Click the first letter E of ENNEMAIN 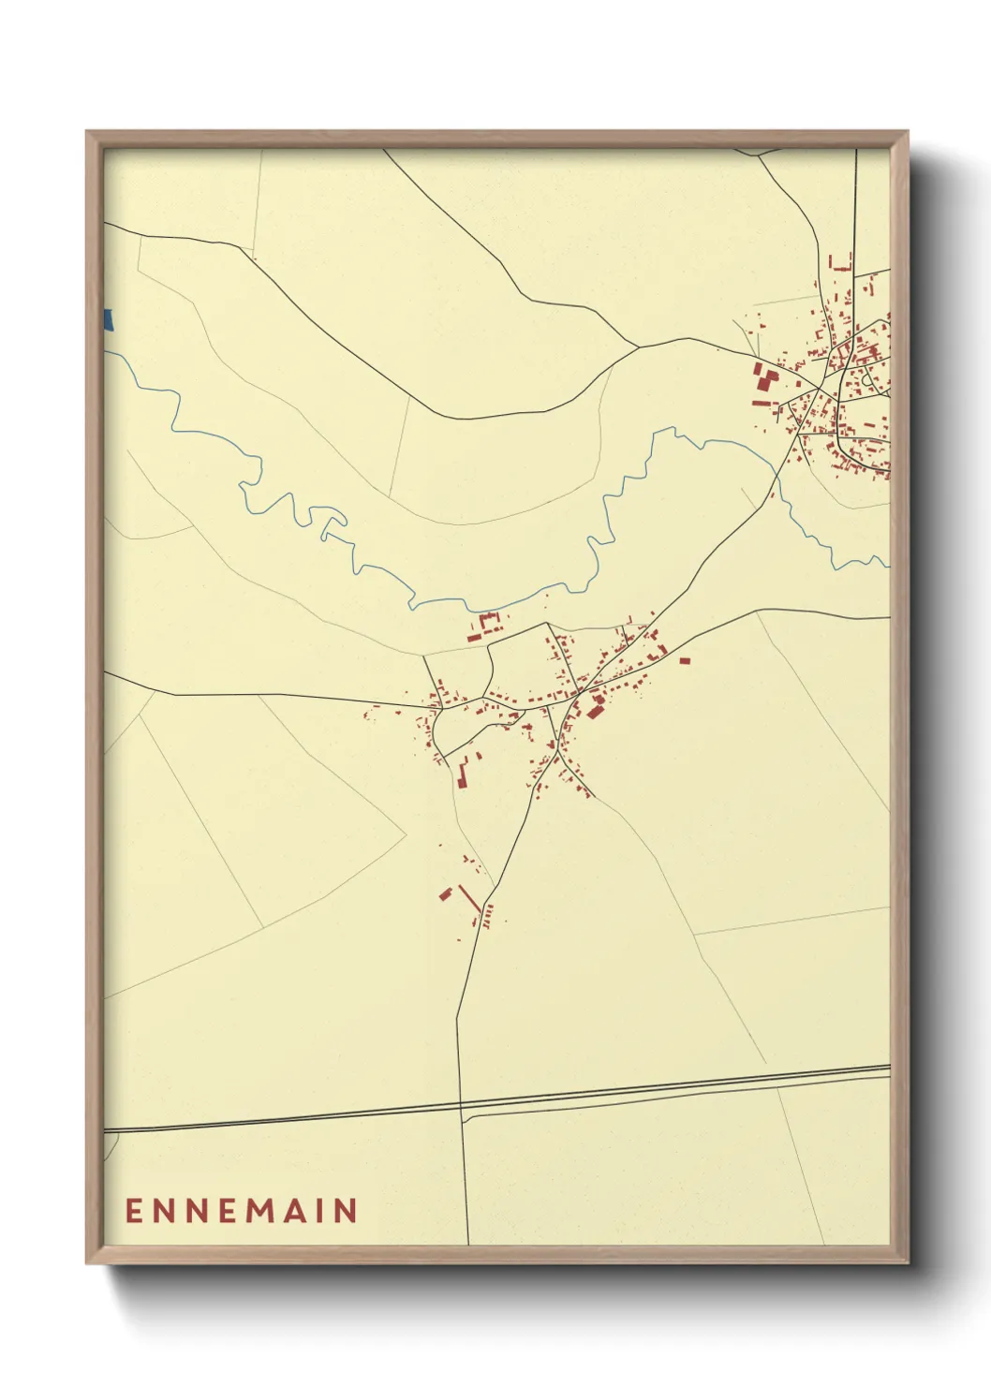[133, 1211]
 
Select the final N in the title [345, 1211]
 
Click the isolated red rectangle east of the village [684, 661]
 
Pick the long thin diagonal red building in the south [469, 898]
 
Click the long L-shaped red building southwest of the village [462, 774]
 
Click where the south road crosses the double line [461, 1111]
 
